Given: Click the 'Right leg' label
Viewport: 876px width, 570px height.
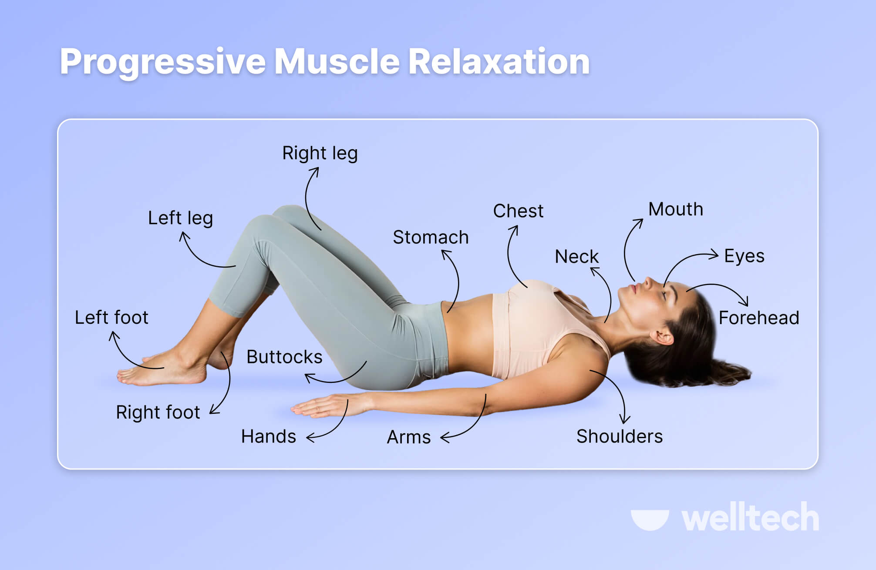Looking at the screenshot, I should pos(320,154).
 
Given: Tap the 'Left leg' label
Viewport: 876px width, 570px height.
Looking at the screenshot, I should pos(180,218).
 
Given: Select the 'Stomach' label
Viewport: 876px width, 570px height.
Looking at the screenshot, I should pos(431,238).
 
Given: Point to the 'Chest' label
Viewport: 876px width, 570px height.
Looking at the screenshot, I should pos(518,211).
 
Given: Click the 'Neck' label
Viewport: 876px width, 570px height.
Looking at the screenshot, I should pos(576,257).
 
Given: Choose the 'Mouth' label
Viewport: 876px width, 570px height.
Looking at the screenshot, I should pos(676,209).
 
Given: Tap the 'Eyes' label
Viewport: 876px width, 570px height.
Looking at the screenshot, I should pos(744,256).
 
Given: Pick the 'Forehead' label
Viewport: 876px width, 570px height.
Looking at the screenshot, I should pos(759,318).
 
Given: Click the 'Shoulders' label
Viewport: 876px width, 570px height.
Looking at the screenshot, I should pos(620,436).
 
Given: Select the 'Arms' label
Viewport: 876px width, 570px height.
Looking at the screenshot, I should pos(409,437).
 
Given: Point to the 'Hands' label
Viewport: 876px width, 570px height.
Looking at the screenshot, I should pos(269,436).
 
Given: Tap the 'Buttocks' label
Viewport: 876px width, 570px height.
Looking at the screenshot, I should pos(284,357).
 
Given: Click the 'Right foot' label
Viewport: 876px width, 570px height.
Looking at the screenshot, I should pos(158,412).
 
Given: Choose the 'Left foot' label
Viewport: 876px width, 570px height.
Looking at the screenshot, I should pos(111,318).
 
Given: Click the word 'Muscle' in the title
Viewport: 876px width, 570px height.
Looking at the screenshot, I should pos(337,61).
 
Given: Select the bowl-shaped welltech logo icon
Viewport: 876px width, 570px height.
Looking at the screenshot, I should pos(650,519).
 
